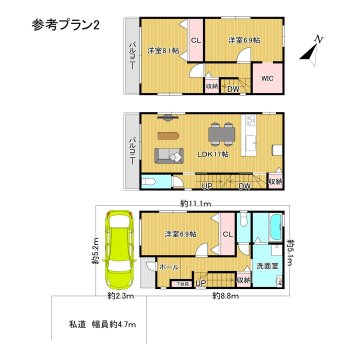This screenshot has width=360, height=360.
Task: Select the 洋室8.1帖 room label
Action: [x=162, y=49]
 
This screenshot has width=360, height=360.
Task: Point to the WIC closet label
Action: [x=268, y=75]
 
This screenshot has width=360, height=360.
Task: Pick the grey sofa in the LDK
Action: [x=167, y=154]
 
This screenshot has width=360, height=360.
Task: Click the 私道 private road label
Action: [x=78, y=325]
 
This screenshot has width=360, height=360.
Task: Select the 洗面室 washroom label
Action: [x=267, y=265]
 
